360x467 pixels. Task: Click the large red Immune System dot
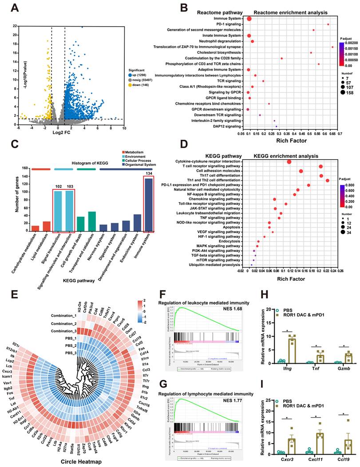pyautogui.click(x=249, y=19)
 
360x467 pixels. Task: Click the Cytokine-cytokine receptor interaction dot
pyautogui.click(x=289, y=162)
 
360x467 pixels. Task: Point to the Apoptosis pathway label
pyautogui.click(x=233, y=227)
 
